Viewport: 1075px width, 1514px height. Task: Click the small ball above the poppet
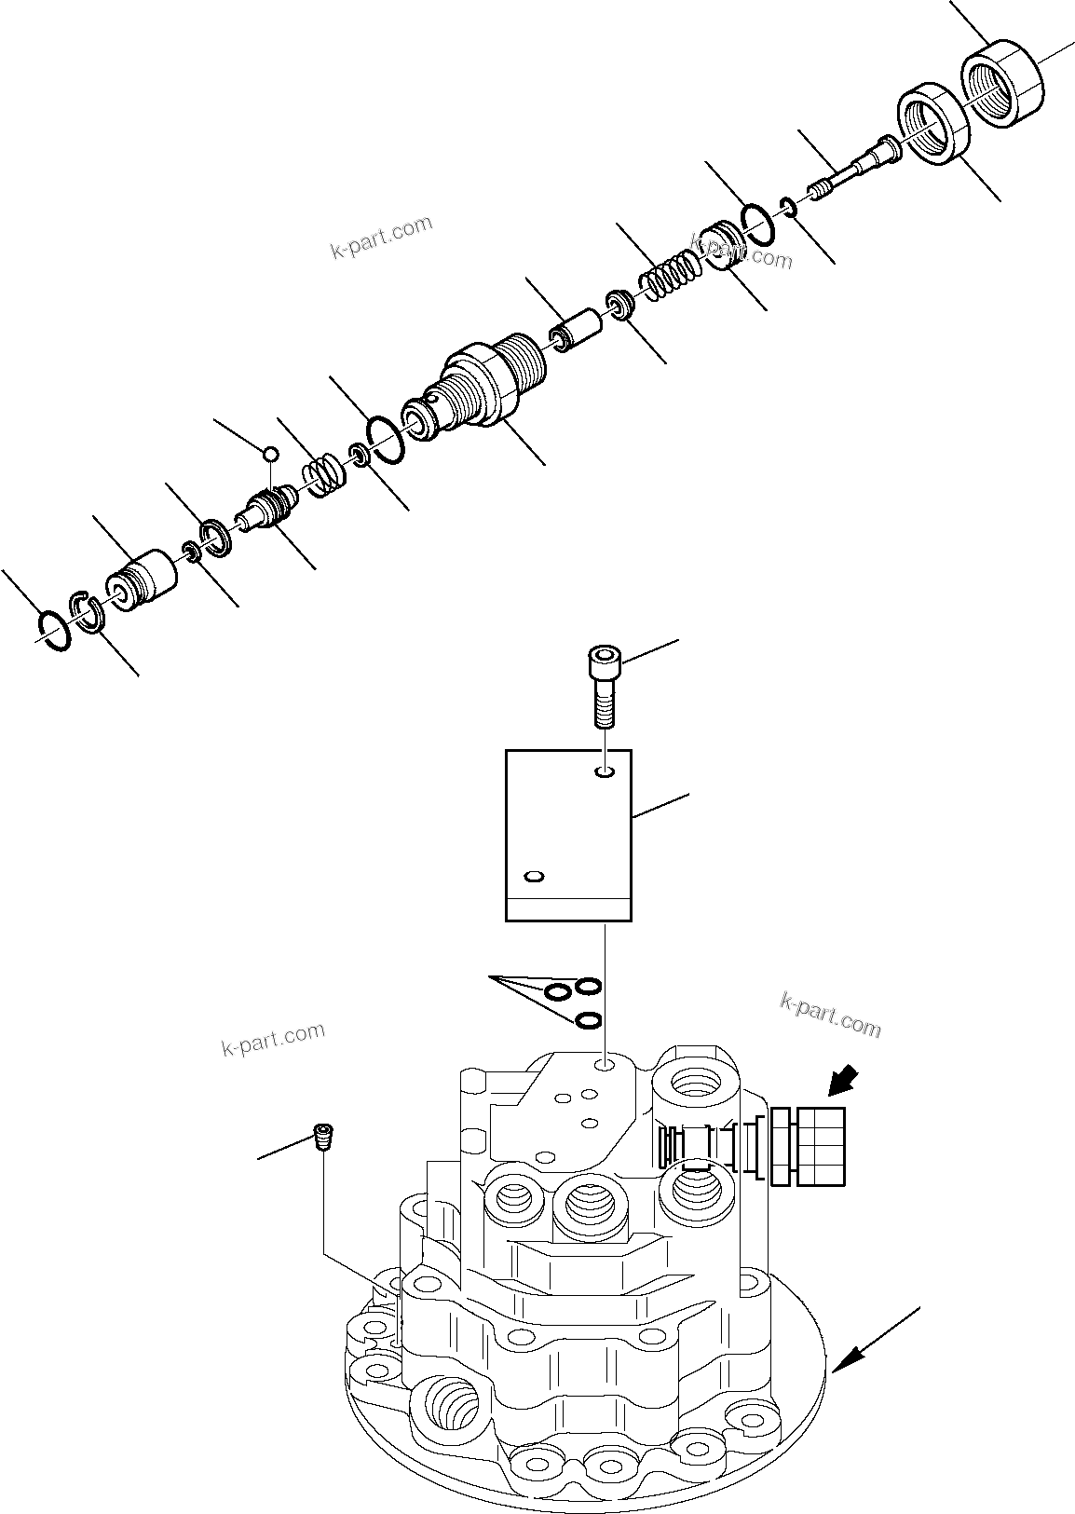tap(270, 453)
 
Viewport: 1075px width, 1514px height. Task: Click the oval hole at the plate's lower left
tap(534, 877)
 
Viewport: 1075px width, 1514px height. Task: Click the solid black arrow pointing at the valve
tap(844, 1084)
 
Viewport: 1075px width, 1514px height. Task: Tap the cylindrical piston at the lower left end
tap(141, 583)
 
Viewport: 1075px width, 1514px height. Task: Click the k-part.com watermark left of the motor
tap(273, 1039)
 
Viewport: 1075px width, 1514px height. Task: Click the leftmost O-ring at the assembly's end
tap(55, 629)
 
